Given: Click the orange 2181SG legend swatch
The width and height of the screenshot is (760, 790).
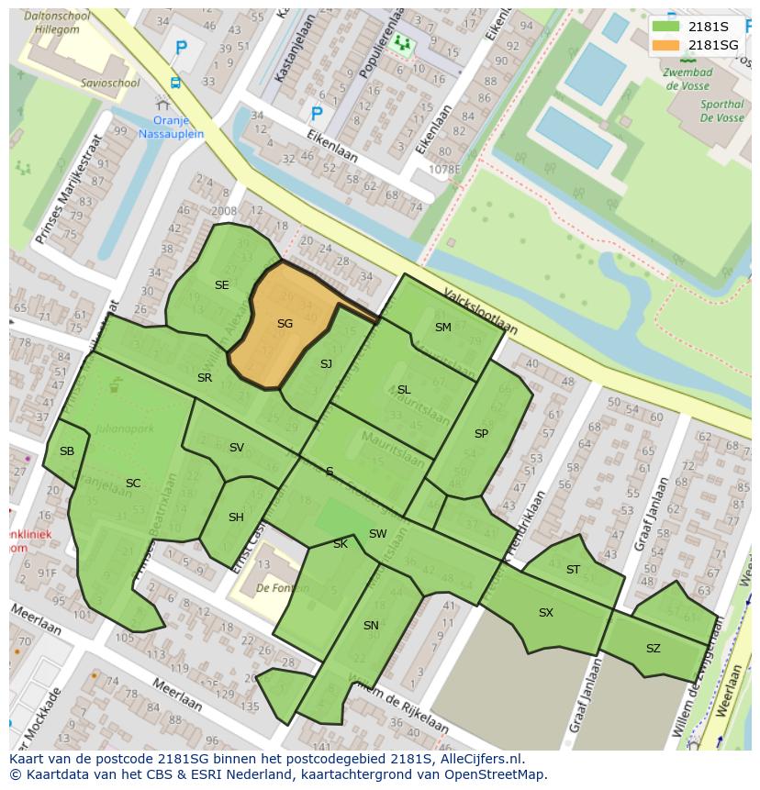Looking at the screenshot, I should [665, 45].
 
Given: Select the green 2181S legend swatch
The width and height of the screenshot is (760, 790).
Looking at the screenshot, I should [665, 27].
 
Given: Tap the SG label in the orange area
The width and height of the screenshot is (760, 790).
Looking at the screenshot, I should [285, 324].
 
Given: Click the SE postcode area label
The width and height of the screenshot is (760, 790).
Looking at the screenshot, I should [221, 285].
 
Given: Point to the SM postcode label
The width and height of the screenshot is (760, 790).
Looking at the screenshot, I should [443, 328].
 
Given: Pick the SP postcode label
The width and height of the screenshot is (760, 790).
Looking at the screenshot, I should [481, 434].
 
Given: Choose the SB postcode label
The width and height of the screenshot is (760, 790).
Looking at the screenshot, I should [67, 451].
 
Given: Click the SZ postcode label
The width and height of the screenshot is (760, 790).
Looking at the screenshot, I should [653, 649].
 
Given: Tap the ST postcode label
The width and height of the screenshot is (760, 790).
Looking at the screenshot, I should [573, 570].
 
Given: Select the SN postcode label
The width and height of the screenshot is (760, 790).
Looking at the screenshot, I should [371, 626].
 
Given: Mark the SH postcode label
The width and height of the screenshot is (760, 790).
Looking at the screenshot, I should [236, 517].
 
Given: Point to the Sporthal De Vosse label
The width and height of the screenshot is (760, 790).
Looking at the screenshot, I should [721, 111].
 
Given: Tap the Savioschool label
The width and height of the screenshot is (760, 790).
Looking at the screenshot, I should [110, 83].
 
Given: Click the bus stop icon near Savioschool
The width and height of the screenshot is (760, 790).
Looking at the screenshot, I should [174, 83].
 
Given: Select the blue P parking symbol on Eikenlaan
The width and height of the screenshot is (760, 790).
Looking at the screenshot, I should [317, 114].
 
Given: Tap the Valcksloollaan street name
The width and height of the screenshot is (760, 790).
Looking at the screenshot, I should [480, 312].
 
